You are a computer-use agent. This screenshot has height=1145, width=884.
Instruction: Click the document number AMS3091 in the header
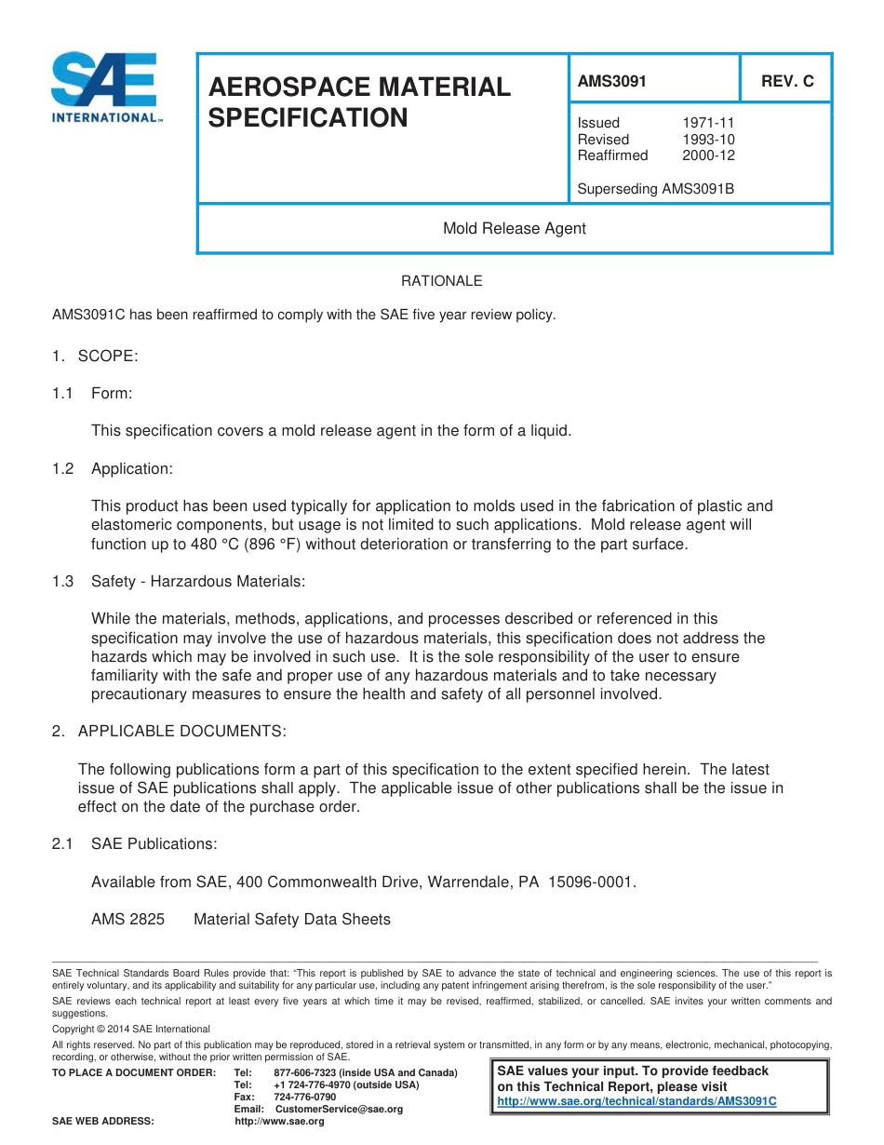pyautogui.click(x=611, y=81)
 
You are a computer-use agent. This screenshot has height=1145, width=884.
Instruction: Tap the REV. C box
pyautogui.click(x=786, y=81)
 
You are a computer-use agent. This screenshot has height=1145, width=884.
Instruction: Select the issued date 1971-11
pyautogui.click(x=708, y=123)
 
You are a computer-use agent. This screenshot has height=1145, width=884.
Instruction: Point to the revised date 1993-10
pyautogui.click(x=708, y=140)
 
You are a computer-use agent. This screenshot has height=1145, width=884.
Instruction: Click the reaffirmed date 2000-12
pyautogui.click(x=708, y=155)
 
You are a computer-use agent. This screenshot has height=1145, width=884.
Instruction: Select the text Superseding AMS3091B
pyautogui.click(x=655, y=189)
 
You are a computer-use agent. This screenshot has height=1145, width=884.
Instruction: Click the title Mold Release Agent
pyautogui.click(x=514, y=228)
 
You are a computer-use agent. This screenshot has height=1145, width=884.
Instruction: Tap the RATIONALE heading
pyautogui.click(x=441, y=280)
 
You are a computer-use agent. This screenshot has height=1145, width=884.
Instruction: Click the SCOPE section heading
pyautogui.click(x=108, y=356)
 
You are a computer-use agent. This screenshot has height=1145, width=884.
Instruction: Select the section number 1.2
pyautogui.click(x=63, y=468)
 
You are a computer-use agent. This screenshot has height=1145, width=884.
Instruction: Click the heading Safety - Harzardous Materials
pyautogui.click(x=197, y=581)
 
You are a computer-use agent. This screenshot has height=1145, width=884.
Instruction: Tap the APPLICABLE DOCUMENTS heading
pyautogui.click(x=181, y=731)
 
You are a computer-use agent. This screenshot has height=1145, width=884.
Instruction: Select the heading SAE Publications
pyautogui.click(x=154, y=843)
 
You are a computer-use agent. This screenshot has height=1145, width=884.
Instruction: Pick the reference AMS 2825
pyautogui.click(x=127, y=919)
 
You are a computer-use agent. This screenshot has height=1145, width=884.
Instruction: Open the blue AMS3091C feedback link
pyautogui.click(x=636, y=1101)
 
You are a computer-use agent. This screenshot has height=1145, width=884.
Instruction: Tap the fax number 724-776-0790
pyautogui.click(x=305, y=1097)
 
